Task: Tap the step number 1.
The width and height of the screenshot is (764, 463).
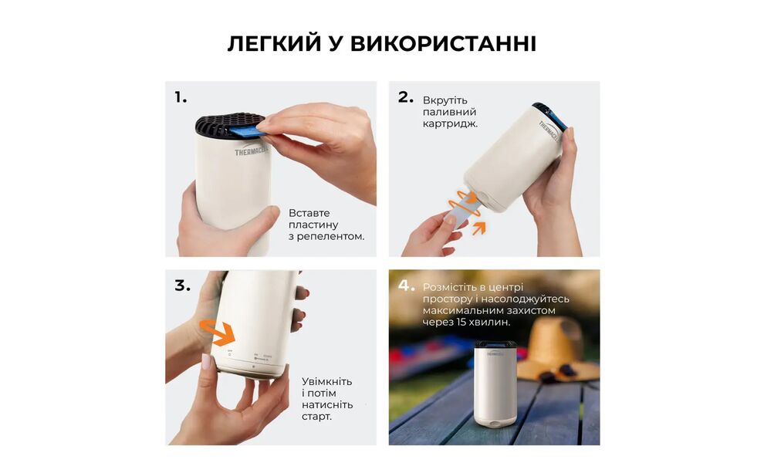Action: pos(181,97)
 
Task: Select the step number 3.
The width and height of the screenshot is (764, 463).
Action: pos(182,286)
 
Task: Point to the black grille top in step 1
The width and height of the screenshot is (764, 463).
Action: pos(224,123)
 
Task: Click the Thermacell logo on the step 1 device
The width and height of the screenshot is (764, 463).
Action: pos(252,152)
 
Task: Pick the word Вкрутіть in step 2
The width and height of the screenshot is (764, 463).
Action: pos(445,100)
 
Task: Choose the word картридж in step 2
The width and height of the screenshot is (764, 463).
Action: pos(450,123)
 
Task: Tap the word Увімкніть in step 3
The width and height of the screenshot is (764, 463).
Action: pos(327,381)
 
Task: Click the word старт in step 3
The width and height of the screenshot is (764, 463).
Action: pos(317,417)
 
